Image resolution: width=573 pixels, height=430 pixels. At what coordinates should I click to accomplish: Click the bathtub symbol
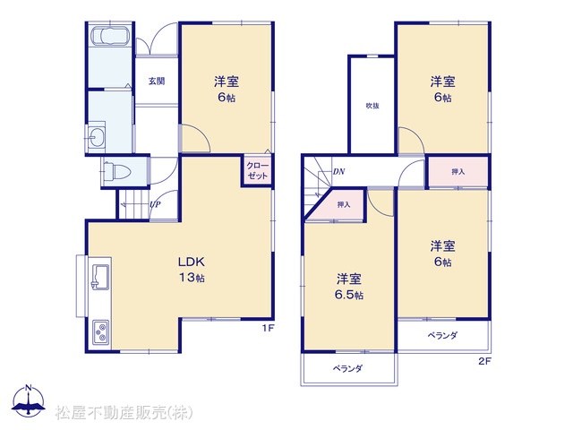[x=109, y=37]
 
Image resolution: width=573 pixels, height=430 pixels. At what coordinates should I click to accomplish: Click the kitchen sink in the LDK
[x=99, y=277]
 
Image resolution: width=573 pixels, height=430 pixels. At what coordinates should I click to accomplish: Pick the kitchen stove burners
[x=100, y=331]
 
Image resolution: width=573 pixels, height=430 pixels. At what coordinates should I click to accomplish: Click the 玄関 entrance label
[x=157, y=82]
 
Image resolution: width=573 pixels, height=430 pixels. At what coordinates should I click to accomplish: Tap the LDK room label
[x=191, y=262]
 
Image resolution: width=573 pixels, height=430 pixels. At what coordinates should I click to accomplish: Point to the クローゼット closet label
[x=257, y=171]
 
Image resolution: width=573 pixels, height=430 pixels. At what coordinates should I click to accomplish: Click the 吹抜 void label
[x=372, y=106]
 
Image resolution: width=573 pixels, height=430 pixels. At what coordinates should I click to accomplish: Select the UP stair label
[x=155, y=204]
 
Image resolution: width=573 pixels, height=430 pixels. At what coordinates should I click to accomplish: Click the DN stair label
[x=338, y=171]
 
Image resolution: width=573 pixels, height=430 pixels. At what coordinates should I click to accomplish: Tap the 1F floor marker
[x=268, y=328]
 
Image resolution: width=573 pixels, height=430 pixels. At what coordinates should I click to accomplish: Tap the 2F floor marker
[x=485, y=361]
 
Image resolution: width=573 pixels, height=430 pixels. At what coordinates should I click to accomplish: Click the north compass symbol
[x=29, y=400]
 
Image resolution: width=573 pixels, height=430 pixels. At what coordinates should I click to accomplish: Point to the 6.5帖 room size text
[x=349, y=295]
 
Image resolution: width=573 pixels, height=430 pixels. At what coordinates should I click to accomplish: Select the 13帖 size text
[x=192, y=278]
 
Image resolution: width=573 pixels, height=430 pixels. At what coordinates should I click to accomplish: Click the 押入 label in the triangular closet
[x=344, y=205]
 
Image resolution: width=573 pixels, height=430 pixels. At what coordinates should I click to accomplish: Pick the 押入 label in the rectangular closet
[x=458, y=171]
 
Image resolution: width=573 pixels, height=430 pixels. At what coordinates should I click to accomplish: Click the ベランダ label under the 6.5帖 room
[x=347, y=368]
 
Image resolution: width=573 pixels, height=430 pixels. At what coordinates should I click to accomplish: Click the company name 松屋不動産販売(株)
[x=124, y=413]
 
